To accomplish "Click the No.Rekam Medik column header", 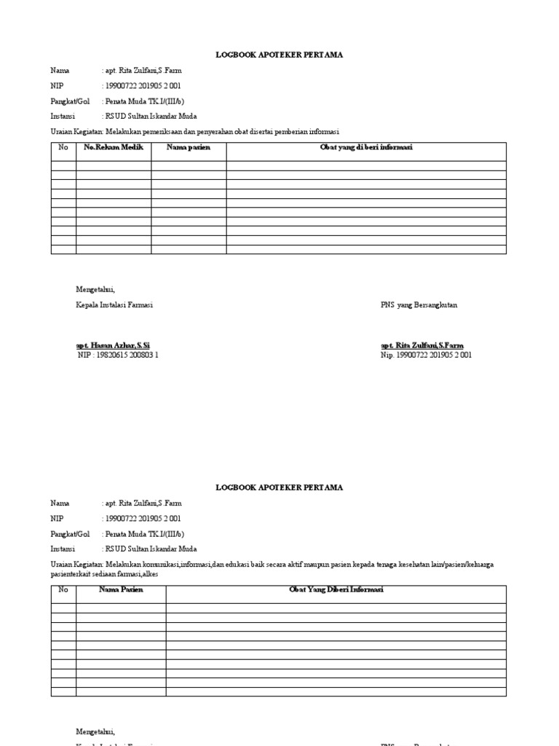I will pos(114,147).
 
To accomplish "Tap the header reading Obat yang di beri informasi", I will pos(366,147).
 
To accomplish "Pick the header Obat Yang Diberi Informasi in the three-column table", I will pos(336,589).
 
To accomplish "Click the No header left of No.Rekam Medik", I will pos(63,147).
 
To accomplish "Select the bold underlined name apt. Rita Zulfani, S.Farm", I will pos(422,345).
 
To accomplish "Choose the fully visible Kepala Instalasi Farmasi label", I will pos(114,305).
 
